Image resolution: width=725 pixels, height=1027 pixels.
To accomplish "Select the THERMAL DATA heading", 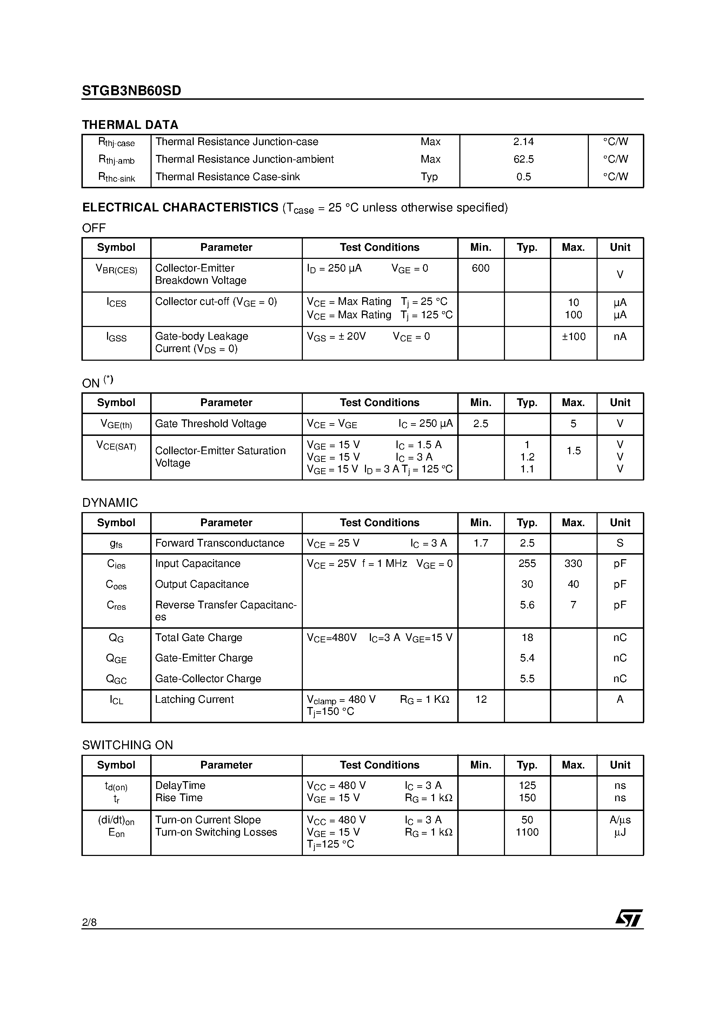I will pyautogui.click(x=130, y=125).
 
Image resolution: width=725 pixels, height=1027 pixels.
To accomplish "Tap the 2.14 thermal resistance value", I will pyautogui.click(x=524, y=142).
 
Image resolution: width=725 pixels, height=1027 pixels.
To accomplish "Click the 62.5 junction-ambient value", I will pyautogui.click(x=524, y=159).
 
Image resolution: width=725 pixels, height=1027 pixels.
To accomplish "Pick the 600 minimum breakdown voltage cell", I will pyautogui.click(x=480, y=268).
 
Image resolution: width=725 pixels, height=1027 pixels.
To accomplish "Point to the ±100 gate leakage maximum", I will pyautogui.click(x=573, y=336).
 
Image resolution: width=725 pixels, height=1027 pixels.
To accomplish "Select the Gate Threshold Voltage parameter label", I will pyautogui.click(x=211, y=424).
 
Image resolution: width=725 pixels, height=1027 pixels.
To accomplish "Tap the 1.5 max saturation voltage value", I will pyautogui.click(x=573, y=451).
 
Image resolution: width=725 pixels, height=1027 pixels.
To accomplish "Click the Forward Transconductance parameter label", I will pyautogui.click(x=219, y=543).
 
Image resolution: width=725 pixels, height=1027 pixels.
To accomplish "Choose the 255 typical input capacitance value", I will pyautogui.click(x=527, y=564).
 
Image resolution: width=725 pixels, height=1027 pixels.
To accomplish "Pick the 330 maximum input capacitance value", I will pyautogui.click(x=573, y=564).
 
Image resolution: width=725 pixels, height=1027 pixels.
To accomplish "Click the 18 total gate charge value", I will pyautogui.click(x=527, y=637).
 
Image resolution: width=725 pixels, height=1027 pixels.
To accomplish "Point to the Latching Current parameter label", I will pyautogui.click(x=194, y=699).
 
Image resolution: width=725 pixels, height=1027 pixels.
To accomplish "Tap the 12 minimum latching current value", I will pyautogui.click(x=480, y=699).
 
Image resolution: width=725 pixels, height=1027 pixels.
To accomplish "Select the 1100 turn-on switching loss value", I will pyautogui.click(x=527, y=832).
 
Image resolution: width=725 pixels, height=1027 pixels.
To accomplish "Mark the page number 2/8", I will pyautogui.click(x=89, y=922).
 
